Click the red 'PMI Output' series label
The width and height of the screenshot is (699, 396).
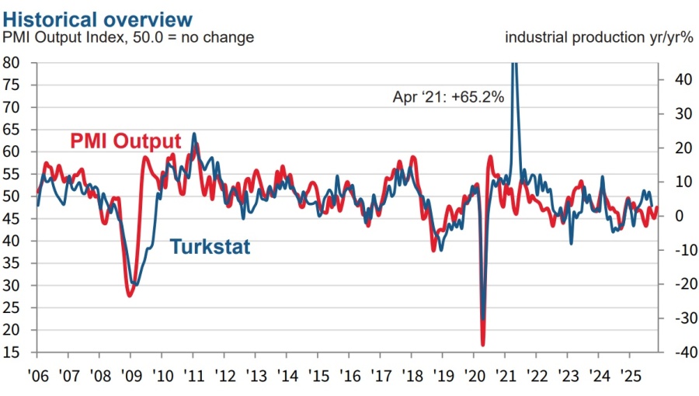coord(125,141)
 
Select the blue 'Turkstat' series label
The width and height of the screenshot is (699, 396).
coord(210,247)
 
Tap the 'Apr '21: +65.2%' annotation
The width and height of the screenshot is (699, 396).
coord(449,98)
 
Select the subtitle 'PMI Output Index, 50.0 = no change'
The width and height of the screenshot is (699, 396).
coord(128,36)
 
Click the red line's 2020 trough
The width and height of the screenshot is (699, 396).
coord(483,345)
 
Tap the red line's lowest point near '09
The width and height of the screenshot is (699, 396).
coord(130,296)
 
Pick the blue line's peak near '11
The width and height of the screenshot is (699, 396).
coord(193,134)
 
